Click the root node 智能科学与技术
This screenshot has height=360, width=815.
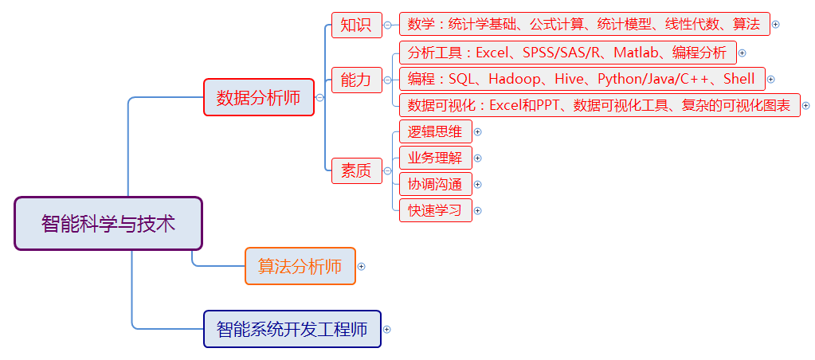(x=108, y=223)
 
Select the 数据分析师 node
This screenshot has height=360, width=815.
(x=259, y=97)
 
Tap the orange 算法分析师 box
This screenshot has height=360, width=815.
(x=300, y=266)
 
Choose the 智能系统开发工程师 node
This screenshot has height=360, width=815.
(x=292, y=329)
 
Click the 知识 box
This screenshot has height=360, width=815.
(x=357, y=25)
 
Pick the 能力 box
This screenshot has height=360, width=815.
(x=357, y=80)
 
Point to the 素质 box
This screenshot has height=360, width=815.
(x=357, y=170)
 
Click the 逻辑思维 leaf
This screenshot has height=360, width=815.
(x=436, y=131)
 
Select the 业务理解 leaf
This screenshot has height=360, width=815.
(x=436, y=158)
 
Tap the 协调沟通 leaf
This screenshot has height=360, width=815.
(x=436, y=184)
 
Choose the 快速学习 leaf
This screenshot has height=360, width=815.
(x=436, y=210)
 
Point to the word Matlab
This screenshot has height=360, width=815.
(x=630, y=53)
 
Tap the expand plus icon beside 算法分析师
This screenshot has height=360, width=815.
(x=362, y=267)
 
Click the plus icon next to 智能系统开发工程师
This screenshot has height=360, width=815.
(x=386, y=330)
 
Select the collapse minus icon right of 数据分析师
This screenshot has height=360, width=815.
(x=319, y=97)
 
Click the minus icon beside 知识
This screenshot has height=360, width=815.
(x=387, y=25)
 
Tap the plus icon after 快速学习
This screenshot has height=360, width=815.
(x=478, y=210)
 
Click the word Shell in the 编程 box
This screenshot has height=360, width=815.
(x=739, y=79)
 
